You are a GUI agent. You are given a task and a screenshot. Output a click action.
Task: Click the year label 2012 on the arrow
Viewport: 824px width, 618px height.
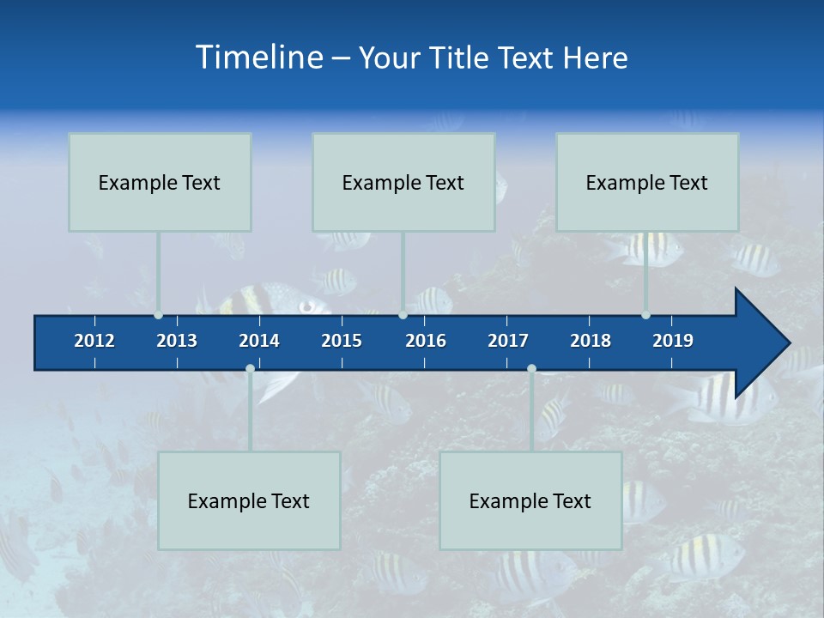coord(94,341)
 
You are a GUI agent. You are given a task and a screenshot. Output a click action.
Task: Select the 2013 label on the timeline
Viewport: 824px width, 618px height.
coord(177,341)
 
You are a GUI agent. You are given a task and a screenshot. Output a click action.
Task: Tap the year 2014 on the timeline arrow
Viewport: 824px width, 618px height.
coord(259,341)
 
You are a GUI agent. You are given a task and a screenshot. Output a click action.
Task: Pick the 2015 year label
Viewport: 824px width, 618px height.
coord(342,341)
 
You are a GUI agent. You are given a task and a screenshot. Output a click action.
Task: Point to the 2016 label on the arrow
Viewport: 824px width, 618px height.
coord(426,341)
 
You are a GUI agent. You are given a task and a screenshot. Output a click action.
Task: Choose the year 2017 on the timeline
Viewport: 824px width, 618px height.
coord(508,341)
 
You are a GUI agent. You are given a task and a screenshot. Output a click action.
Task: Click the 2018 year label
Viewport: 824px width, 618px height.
coord(591,341)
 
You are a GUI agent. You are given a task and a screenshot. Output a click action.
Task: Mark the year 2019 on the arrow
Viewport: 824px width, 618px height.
coord(673,341)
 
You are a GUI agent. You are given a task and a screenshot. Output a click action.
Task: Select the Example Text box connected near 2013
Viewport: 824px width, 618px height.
coord(160,182)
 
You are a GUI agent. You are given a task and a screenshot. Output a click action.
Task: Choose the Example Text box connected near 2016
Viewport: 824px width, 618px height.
coord(403,182)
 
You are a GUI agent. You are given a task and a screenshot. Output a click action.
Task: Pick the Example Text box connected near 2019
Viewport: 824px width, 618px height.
coord(647,182)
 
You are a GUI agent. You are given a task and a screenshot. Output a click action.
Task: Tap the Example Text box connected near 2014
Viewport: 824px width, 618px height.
coord(249,500)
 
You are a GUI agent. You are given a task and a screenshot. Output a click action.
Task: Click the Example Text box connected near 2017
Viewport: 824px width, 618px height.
coord(530,500)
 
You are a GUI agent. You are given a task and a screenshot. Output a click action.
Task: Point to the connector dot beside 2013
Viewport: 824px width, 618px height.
coord(158,315)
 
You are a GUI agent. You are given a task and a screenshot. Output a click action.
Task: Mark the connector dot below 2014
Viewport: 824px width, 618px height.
coord(250,368)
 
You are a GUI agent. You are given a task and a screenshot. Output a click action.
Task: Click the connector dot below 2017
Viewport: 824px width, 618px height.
coord(531,368)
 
